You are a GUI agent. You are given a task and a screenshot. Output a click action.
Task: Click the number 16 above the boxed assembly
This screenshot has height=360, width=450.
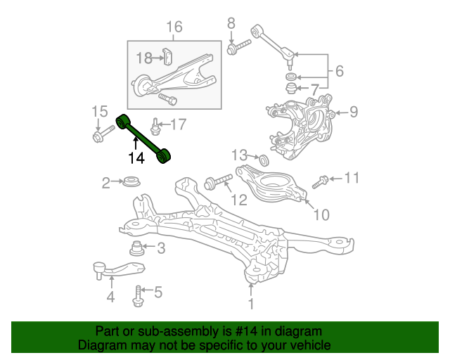[x=174, y=27]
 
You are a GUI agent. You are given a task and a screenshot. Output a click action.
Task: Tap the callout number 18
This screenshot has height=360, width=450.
[x=144, y=57]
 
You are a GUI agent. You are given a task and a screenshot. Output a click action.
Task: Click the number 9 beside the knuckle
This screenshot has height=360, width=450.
[x=354, y=111]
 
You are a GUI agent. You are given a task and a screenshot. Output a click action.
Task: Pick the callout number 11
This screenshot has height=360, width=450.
[x=352, y=178]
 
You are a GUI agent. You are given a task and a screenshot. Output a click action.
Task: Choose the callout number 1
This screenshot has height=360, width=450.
[x=251, y=304]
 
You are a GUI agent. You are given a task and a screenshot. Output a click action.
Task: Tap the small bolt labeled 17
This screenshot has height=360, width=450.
[x=155, y=127]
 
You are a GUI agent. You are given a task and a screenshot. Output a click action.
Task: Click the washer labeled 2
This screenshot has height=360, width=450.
[x=130, y=184]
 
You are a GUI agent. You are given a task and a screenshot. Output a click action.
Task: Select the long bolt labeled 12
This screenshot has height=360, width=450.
[x=218, y=184]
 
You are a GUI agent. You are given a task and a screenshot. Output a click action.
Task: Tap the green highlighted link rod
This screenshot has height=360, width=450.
[x=145, y=137]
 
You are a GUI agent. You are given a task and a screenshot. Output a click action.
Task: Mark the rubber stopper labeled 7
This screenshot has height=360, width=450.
[x=290, y=89]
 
